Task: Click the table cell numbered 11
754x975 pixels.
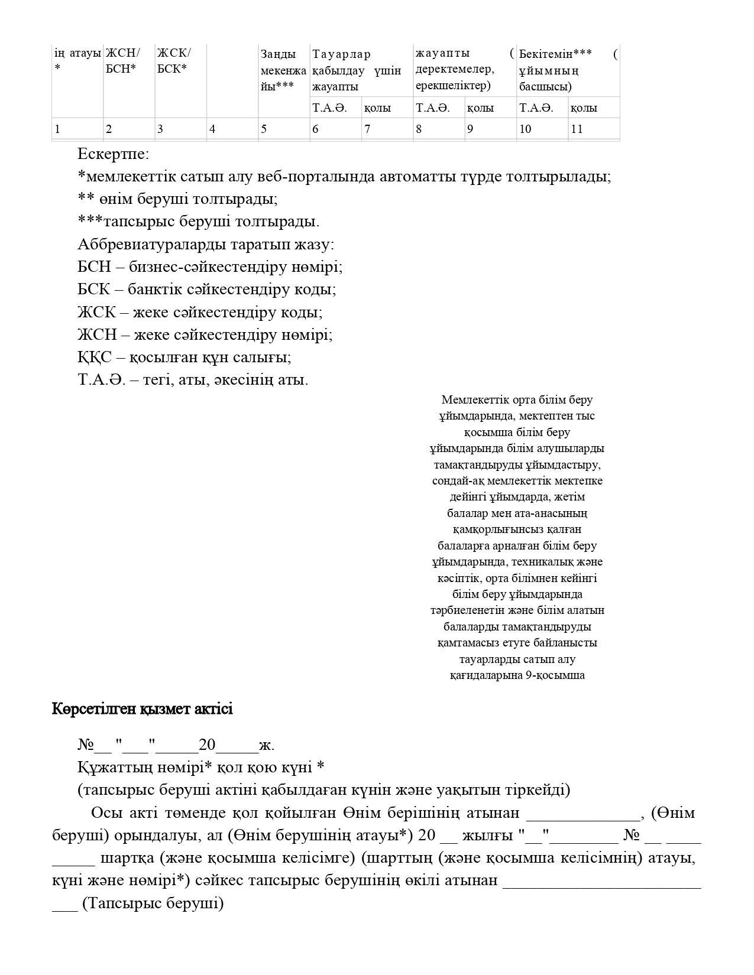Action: click(593, 129)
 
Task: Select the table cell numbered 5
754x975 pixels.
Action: click(284, 129)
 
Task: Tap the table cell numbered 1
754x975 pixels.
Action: click(77, 129)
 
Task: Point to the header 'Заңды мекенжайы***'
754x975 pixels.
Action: click(284, 70)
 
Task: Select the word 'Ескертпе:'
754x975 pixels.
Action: click(113, 154)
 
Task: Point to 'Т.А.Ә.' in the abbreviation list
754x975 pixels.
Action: click(101, 380)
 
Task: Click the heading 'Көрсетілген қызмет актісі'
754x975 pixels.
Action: click(142, 709)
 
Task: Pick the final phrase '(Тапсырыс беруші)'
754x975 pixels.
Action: click(153, 903)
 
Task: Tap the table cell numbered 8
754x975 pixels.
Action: click(438, 129)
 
